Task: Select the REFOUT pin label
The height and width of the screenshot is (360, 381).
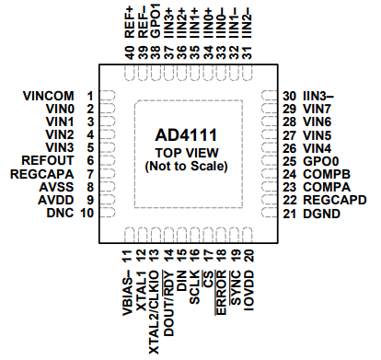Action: [50, 160]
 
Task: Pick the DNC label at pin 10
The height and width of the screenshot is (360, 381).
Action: [61, 213]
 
